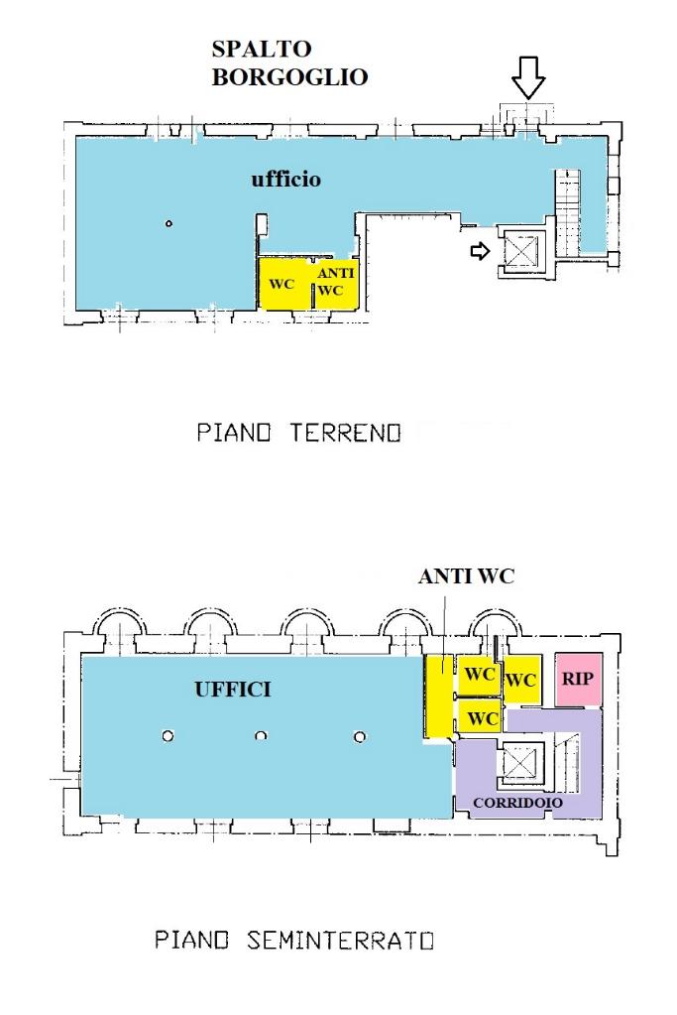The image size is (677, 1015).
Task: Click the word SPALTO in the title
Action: pyautogui.click(x=262, y=49)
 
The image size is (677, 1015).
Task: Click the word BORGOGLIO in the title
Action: pyautogui.click(x=289, y=77)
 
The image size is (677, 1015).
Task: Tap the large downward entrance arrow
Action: pyautogui.click(x=528, y=77)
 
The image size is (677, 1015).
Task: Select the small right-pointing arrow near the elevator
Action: pyautogui.click(x=480, y=250)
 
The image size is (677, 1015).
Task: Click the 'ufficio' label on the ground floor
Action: pyautogui.click(x=285, y=179)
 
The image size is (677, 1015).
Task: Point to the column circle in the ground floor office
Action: pyautogui.click(x=169, y=224)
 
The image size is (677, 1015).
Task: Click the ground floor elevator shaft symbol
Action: pyautogui.click(x=520, y=250)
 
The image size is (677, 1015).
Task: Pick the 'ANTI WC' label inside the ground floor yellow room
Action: pyautogui.click(x=335, y=282)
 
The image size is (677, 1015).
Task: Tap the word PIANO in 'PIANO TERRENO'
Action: pyautogui.click(x=233, y=432)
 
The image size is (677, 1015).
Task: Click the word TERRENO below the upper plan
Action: pyautogui.click(x=346, y=432)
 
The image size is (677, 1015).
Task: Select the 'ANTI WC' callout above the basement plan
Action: pyautogui.click(x=466, y=576)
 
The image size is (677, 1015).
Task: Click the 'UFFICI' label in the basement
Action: pyautogui.click(x=233, y=690)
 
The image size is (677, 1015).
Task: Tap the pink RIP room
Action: pyautogui.click(x=578, y=679)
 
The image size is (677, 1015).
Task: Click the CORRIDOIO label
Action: pyautogui.click(x=518, y=803)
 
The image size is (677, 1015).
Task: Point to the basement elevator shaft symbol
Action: pyautogui.click(x=519, y=764)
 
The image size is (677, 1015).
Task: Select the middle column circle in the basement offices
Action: pyautogui.click(x=262, y=736)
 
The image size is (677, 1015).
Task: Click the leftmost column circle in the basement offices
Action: pyautogui.click(x=169, y=736)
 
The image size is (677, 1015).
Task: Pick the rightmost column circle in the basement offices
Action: pyautogui.click(x=360, y=736)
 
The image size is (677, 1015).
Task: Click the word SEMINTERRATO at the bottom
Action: pyautogui.click(x=340, y=940)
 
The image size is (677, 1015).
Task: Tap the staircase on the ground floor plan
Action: pyautogui.click(x=568, y=212)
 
